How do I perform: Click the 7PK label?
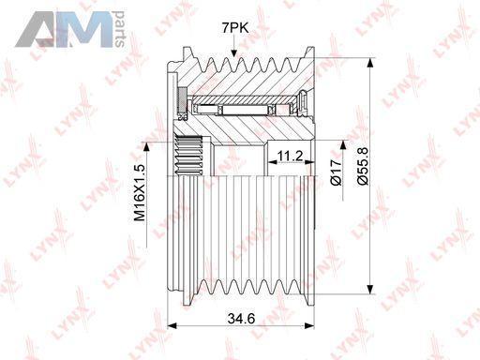(235, 28)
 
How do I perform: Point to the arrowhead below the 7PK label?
(233, 53)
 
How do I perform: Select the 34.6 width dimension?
(241, 319)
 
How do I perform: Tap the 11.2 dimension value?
(291, 156)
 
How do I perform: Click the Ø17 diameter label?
(337, 172)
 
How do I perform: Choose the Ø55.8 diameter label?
(363, 167)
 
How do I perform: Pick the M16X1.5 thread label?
(140, 193)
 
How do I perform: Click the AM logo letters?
(64, 29)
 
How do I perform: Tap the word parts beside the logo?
(120, 29)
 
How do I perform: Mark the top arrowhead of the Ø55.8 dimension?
(370, 63)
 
